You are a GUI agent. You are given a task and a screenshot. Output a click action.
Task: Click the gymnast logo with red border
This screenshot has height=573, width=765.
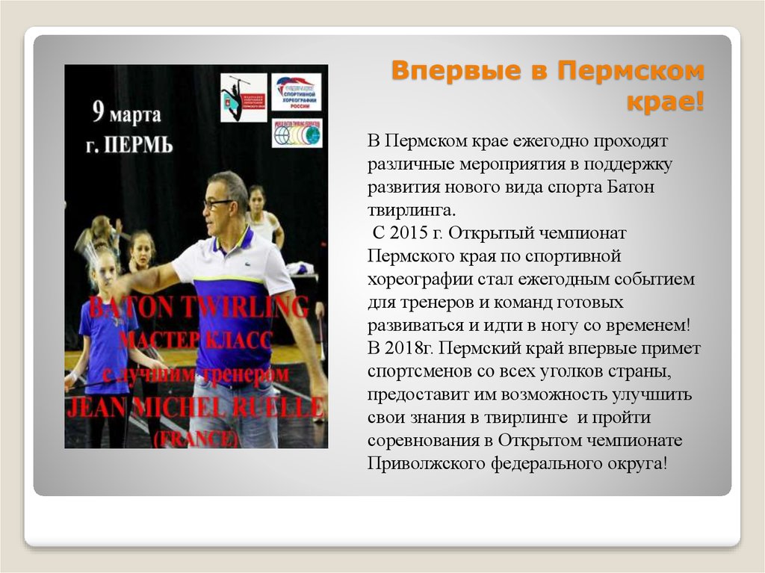click(x=243, y=97)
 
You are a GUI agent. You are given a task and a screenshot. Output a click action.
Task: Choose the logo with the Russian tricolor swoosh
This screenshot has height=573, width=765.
click(x=296, y=92)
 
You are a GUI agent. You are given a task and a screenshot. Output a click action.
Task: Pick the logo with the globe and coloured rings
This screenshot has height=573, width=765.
click(x=296, y=133)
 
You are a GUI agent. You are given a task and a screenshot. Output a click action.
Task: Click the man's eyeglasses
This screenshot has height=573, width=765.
click(x=217, y=202)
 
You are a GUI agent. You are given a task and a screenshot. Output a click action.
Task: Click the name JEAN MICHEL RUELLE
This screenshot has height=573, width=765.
click(x=196, y=409)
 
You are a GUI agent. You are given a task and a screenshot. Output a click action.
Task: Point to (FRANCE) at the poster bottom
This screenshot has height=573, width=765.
click(x=196, y=438)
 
